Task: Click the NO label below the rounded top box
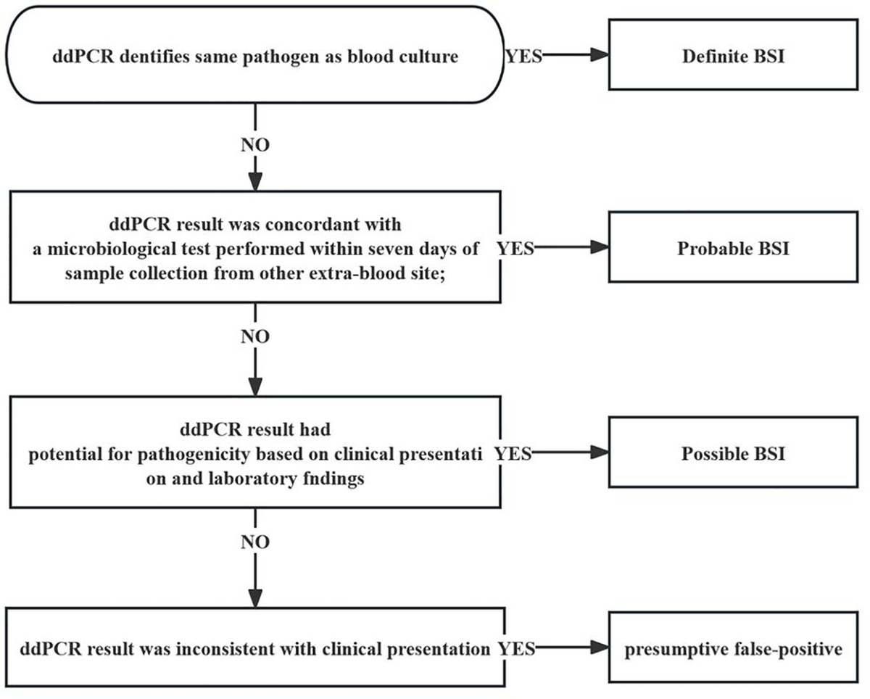[x=254, y=145]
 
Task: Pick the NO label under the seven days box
[x=254, y=337]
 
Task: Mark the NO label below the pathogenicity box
[x=254, y=542]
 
